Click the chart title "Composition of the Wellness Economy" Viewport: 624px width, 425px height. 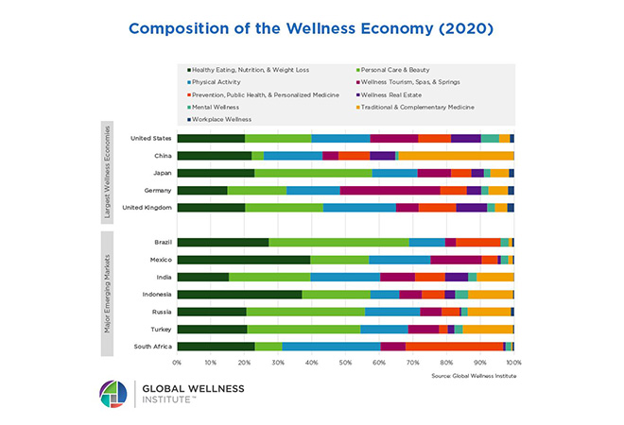pos(311,28)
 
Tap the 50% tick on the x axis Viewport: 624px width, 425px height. pos(345,362)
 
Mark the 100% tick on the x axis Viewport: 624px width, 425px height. pos(513,362)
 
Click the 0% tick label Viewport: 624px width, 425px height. pos(177,362)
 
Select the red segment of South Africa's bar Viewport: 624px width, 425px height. pos(454,346)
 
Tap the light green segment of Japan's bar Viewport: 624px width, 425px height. pos(313,173)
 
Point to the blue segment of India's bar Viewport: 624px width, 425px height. pos(345,277)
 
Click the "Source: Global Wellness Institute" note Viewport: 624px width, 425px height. pos(469,376)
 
